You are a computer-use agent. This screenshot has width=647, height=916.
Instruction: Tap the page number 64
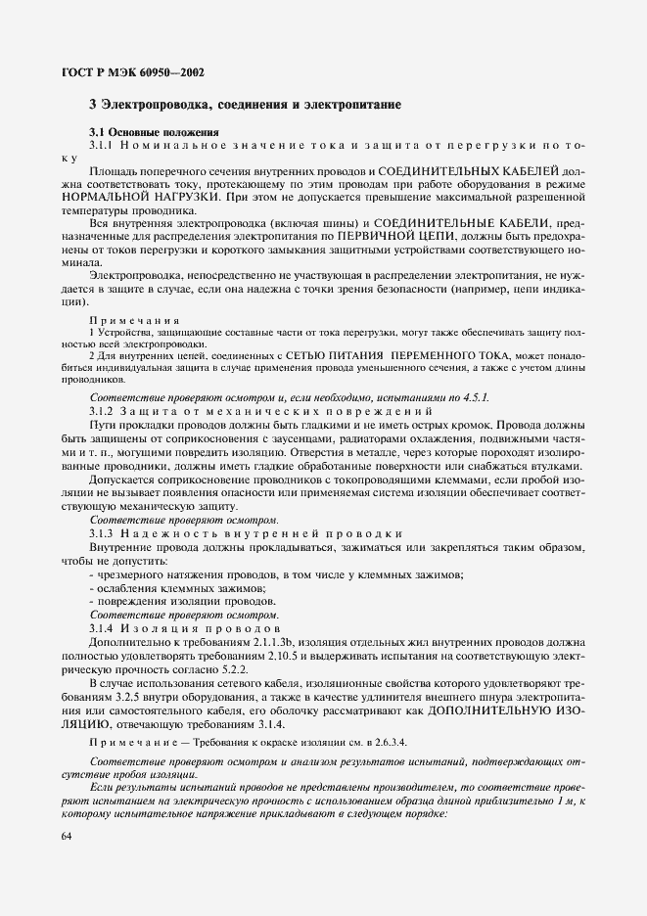pos(67,835)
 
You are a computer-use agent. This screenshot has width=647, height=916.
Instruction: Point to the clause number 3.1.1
pos(103,145)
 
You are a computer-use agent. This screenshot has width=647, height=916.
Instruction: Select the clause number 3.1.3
pos(103,533)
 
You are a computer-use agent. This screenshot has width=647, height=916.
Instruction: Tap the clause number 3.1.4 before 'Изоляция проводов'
pos(103,627)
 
